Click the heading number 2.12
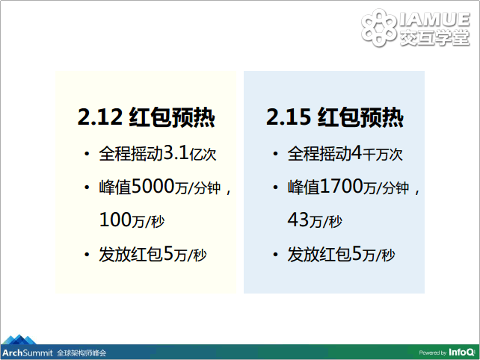[99, 117]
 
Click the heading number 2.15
[289, 117]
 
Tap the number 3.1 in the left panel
[176, 152]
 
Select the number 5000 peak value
[153, 186]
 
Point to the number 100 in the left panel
[115, 220]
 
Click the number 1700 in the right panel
[342, 186]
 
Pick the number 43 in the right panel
[298, 220]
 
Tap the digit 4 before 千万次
[357, 152]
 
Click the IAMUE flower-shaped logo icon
[378, 28]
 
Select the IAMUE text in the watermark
[434, 19]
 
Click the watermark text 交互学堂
[434, 37]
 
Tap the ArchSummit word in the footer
[28, 353]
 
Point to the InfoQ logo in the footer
[461, 353]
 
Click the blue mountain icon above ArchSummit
[19, 340]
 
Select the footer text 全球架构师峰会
[81, 353]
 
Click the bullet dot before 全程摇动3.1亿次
[87, 154]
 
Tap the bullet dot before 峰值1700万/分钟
[275, 187]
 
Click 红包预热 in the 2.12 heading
[172, 117]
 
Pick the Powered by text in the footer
[433, 353]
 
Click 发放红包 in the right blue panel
[319, 254]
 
